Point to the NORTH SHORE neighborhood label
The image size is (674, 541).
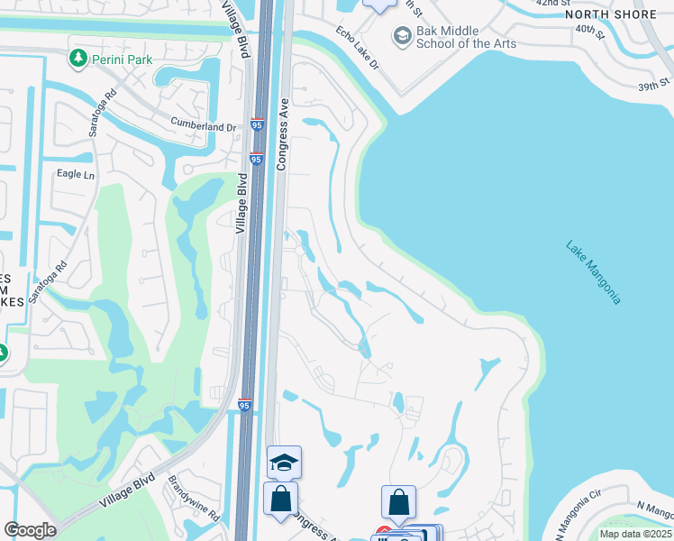pos(612,14)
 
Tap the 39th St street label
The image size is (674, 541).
pos(649,87)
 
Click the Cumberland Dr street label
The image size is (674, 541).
pos(203,127)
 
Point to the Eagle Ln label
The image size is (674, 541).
pos(76,174)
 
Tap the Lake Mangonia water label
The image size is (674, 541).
pos(593,271)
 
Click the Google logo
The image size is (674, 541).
pos(30,530)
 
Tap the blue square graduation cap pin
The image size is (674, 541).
pos(285,463)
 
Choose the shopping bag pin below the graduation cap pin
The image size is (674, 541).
pos(281,500)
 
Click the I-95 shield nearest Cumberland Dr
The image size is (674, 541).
pos(257,125)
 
